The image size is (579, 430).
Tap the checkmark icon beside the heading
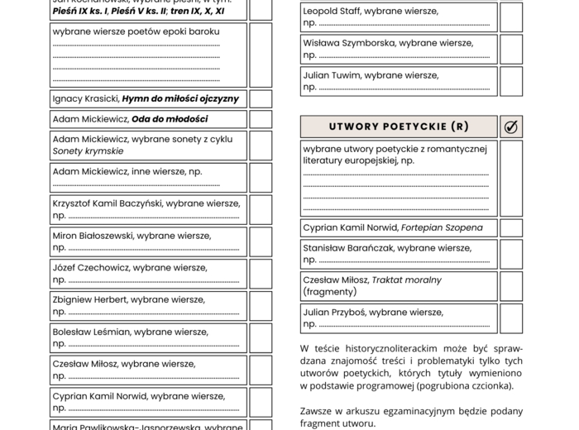coord(510,127)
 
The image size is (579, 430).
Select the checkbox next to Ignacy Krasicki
coord(261,98)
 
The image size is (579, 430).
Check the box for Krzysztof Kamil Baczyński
coord(261,209)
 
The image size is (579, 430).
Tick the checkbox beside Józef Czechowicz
coord(261,274)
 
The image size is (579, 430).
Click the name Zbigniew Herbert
coord(90,299)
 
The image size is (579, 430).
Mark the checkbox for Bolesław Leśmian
coord(261,337)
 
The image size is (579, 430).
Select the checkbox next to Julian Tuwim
coord(510,81)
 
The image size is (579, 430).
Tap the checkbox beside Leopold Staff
coord(510,17)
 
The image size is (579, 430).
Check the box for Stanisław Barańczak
coord(510,254)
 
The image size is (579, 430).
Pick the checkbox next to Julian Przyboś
coord(510,318)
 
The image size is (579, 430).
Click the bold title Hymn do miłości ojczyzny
coord(180,98)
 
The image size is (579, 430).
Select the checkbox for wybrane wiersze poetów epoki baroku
coord(261,55)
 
